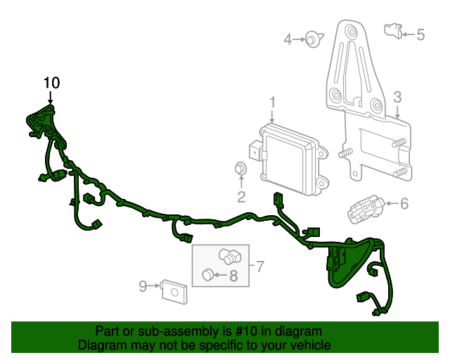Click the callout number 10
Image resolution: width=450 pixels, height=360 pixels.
tap(51, 83)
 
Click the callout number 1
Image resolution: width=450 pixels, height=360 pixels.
tap(272, 104)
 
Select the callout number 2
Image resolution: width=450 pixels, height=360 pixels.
tap(240, 196)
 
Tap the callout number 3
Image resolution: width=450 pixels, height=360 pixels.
tap(397, 97)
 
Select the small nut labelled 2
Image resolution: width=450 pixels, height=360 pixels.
tap(240, 169)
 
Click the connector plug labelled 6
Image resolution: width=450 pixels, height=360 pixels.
tap(364, 208)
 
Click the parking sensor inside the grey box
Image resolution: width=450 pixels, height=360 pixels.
tap(229, 255)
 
